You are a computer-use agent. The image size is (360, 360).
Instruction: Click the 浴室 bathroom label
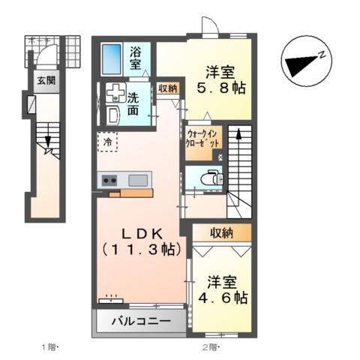click(136, 58)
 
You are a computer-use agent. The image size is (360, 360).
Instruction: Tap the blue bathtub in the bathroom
click(112, 58)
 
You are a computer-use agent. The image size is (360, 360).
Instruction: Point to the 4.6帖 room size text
click(223, 298)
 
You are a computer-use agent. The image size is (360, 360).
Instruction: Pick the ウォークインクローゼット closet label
click(203, 138)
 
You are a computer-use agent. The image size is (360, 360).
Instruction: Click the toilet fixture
click(211, 178)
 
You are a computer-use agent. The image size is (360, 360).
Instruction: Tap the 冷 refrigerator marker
click(107, 141)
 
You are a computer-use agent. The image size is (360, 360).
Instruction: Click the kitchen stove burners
click(109, 180)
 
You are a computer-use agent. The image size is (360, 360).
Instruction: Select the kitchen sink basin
click(139, 180)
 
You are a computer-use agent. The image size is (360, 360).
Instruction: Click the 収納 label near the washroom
click(168, 88)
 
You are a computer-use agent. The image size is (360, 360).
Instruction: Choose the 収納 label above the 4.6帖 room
click(221, 232)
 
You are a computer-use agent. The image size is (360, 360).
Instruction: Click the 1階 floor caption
click(49, 346)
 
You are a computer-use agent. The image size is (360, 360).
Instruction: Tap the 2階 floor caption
click(208, 346)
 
